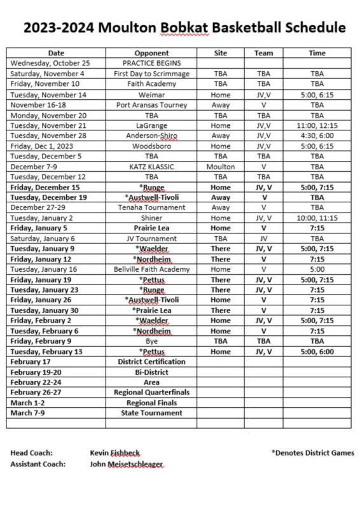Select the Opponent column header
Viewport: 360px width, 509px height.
[x=152, y=53]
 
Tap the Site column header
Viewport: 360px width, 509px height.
[x=221, y=53]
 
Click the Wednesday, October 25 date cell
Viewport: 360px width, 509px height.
[x=51, y=63]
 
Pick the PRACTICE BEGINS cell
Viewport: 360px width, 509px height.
[x=152, y=63]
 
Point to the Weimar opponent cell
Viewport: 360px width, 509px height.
[x=152, y=94]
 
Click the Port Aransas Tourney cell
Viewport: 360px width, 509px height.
[x=152, y=104]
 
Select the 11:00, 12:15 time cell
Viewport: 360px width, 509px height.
[x=317, y=125]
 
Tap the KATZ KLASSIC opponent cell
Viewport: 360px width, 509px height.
[x=152, y=167]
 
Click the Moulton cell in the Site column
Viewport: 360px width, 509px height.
[x=221, y=167]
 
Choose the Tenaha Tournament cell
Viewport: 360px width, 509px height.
[x=152, y=207]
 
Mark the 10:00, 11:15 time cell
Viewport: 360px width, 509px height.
[x=317, y=218]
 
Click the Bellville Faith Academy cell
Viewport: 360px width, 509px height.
[x=152, y=269]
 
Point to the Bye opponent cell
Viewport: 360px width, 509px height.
[x=152, y=341]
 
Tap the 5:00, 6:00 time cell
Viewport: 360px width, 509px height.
[x=317, y=351]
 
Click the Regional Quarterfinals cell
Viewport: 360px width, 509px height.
[x=152, y=393]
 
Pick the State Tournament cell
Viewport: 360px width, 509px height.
[x=152, y=413]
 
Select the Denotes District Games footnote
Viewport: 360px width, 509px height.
[x=312, y=452]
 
